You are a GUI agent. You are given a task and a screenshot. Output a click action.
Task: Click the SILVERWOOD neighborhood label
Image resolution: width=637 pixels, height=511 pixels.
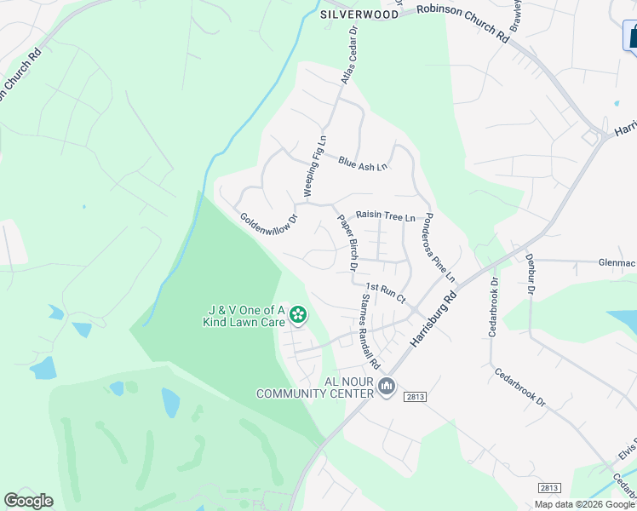359,14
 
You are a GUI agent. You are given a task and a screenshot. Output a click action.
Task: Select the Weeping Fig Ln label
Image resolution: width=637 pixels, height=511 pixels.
314,164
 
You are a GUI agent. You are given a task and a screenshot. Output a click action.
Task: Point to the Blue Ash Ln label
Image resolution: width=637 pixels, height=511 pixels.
362,162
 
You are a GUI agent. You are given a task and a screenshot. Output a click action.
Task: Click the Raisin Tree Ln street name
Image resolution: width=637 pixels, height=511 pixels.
385,216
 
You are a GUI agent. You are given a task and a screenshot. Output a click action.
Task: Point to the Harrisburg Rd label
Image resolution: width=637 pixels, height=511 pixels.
434,318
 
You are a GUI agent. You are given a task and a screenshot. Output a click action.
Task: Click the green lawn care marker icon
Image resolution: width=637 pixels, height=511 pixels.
297,316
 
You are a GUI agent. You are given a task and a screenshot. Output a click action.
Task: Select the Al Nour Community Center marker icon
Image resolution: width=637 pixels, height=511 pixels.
387,388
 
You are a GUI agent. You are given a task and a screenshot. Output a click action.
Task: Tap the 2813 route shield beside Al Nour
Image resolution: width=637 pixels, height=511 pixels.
415,397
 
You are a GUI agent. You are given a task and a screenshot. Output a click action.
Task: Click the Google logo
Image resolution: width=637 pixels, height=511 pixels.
28,501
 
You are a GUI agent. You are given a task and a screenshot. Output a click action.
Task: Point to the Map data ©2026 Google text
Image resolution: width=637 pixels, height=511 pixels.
585,504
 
